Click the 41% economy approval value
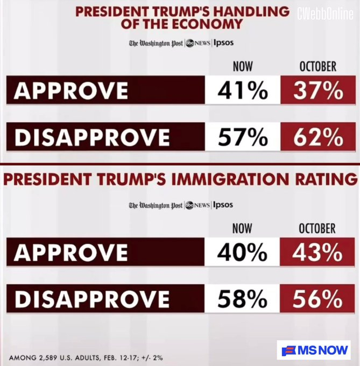[x=243, y=90]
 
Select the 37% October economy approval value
[x=318, y=90]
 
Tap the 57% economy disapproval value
[x=243, y=137]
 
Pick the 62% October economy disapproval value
[x=318, y=137]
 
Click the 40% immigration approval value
[x=243, y=252]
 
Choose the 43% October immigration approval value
[x=318, y=252]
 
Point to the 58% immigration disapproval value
[x=243, y=299]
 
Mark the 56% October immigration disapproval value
[x=318, y=299]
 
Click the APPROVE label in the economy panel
[x=70, y=91]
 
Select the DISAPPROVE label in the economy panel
[x=91, y=138]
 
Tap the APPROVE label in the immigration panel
[x=70, y=252]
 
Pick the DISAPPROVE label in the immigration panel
[x=91, y=299]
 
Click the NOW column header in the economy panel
[x=243, y=67]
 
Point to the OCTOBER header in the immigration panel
[x=317, y=228]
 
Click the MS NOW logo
[x=313, y=350]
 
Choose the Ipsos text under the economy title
[x=223, y=43]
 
